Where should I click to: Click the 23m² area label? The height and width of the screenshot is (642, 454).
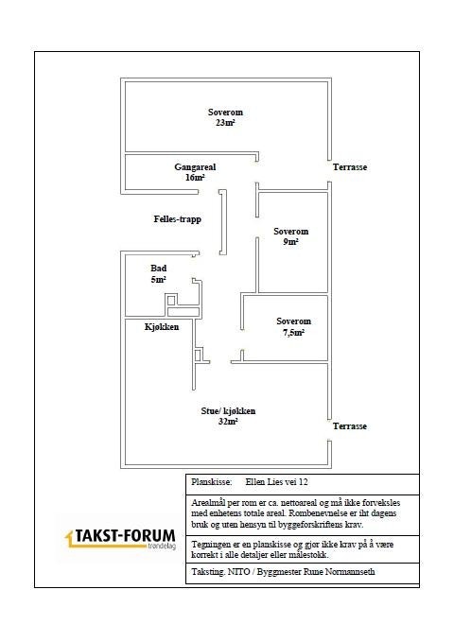pos(225,123)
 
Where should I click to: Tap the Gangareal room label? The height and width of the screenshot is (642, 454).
pos(195,166)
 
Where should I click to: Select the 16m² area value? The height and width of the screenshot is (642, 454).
pos(195,177)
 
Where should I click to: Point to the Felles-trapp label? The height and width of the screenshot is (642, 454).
pos(178,218)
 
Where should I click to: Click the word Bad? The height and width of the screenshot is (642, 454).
pos(158,269)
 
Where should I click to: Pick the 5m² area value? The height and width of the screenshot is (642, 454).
pos(158,280)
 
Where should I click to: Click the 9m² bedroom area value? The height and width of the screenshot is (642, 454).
pos(291,242)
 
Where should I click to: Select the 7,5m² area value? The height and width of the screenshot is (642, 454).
pos(293,333)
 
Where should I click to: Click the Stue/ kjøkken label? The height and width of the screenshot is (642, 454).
pos(228,411)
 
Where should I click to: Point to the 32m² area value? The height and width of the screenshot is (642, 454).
pos(227,422)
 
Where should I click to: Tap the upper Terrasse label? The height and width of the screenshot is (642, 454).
pos(350,166)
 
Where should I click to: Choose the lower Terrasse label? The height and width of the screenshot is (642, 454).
pos(350,426)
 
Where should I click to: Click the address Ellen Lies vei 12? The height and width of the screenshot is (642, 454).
pos(283,481)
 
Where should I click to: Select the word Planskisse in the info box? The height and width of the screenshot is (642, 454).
pos(211,481)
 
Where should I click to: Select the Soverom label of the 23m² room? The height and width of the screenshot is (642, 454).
pos(225,113)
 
